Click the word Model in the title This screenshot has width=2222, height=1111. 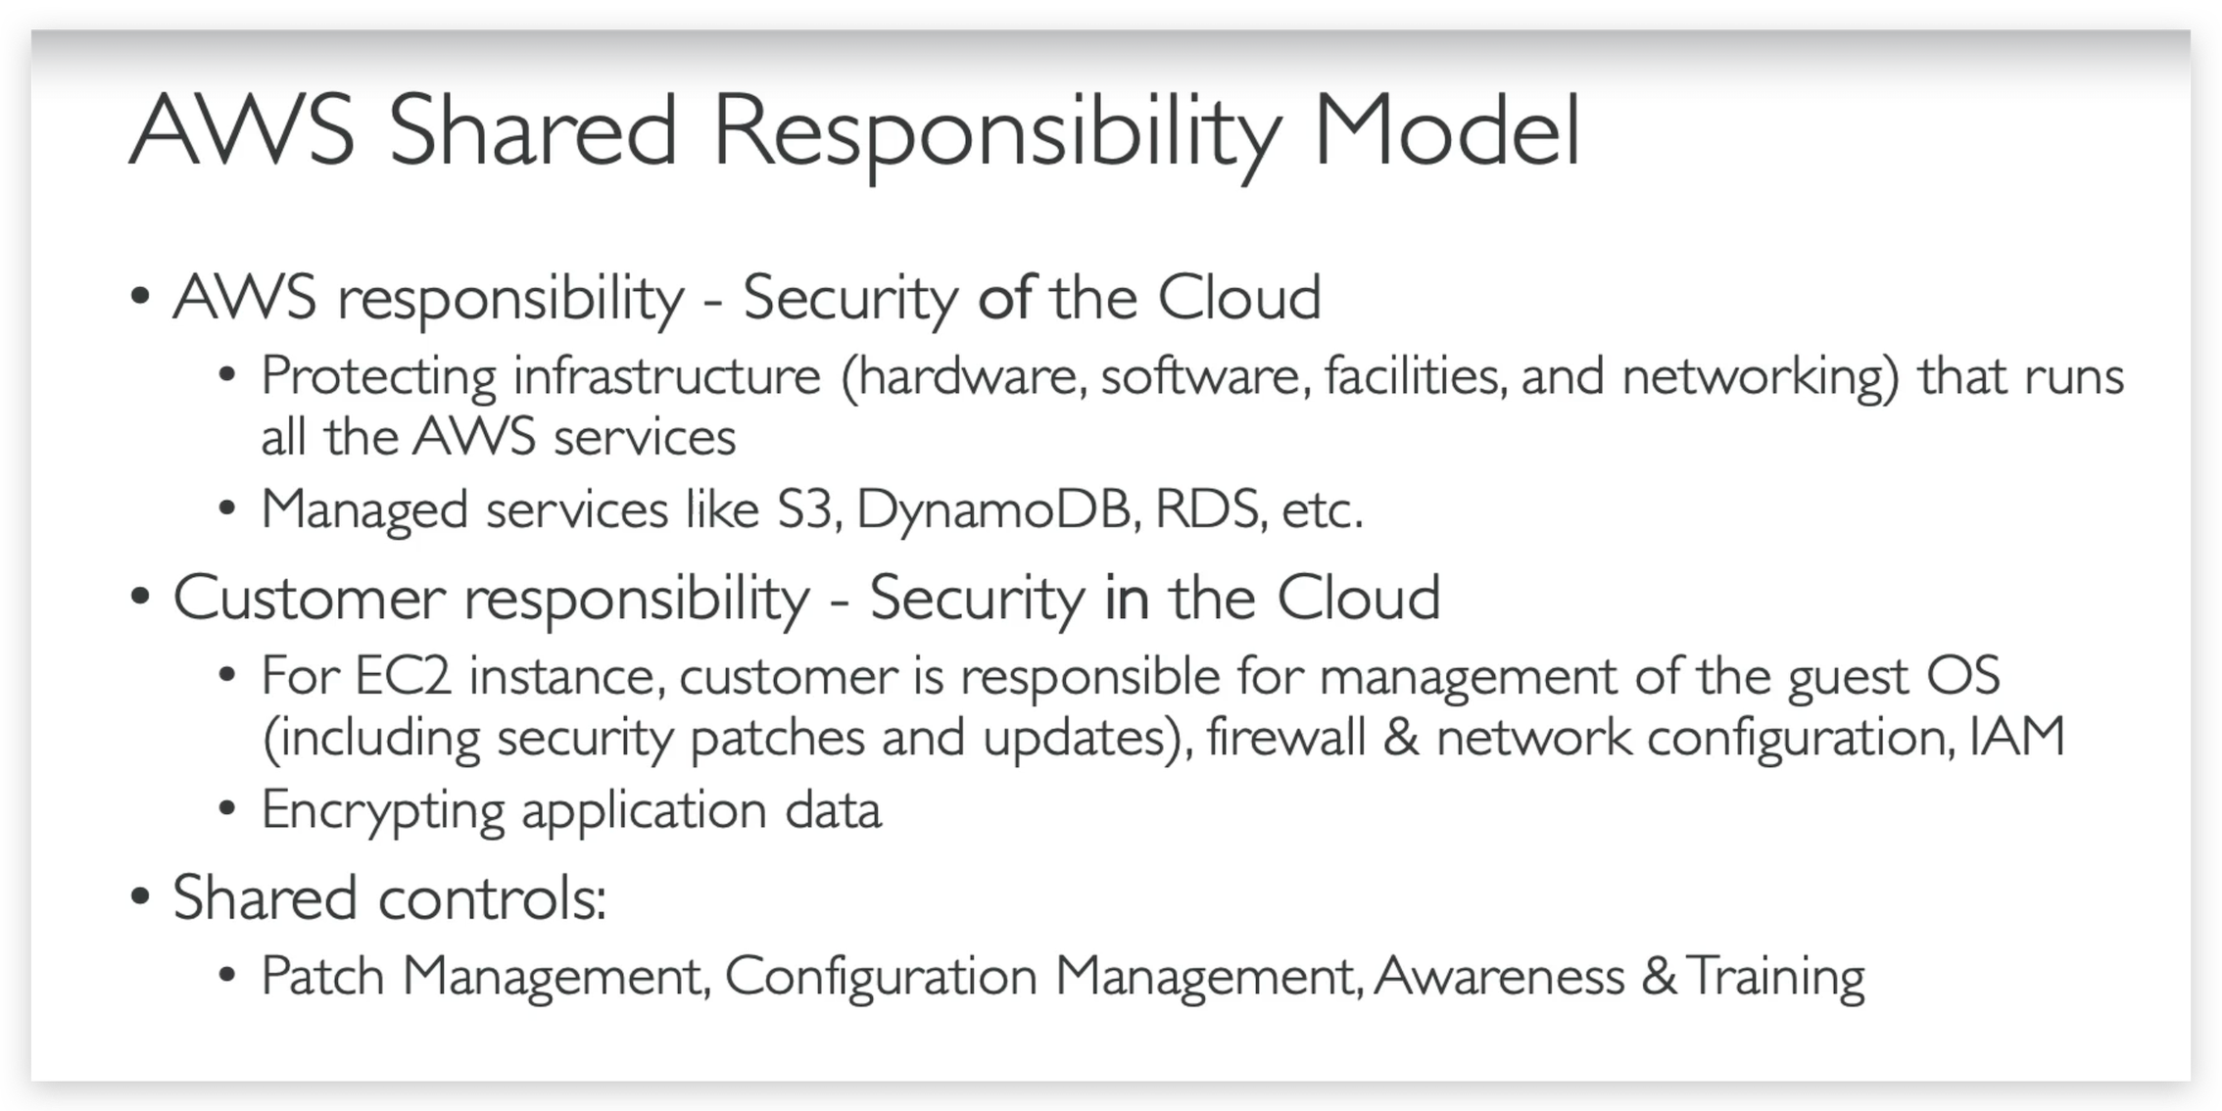1447,130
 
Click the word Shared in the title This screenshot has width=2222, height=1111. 533,130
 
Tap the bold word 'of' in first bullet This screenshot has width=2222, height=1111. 1005,297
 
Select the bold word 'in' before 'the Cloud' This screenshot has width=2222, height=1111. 1127,598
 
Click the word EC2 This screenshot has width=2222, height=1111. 403,676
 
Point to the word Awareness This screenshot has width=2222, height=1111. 1499,976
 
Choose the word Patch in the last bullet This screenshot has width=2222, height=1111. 323,976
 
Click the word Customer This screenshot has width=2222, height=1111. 310,598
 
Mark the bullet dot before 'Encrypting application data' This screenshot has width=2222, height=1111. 227,810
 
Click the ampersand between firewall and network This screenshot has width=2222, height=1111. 1401,737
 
